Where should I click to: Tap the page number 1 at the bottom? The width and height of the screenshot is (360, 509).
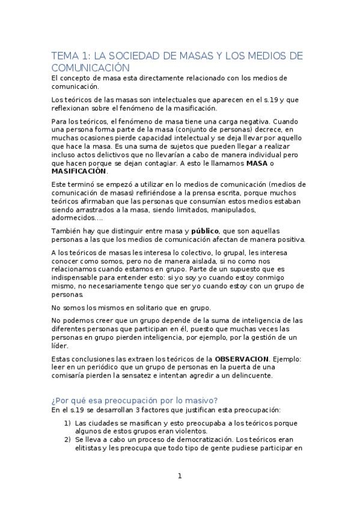tap(179, 476)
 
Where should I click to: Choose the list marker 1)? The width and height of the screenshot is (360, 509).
tap(68, 423)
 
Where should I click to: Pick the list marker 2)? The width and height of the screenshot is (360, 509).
tap(68, 439)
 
